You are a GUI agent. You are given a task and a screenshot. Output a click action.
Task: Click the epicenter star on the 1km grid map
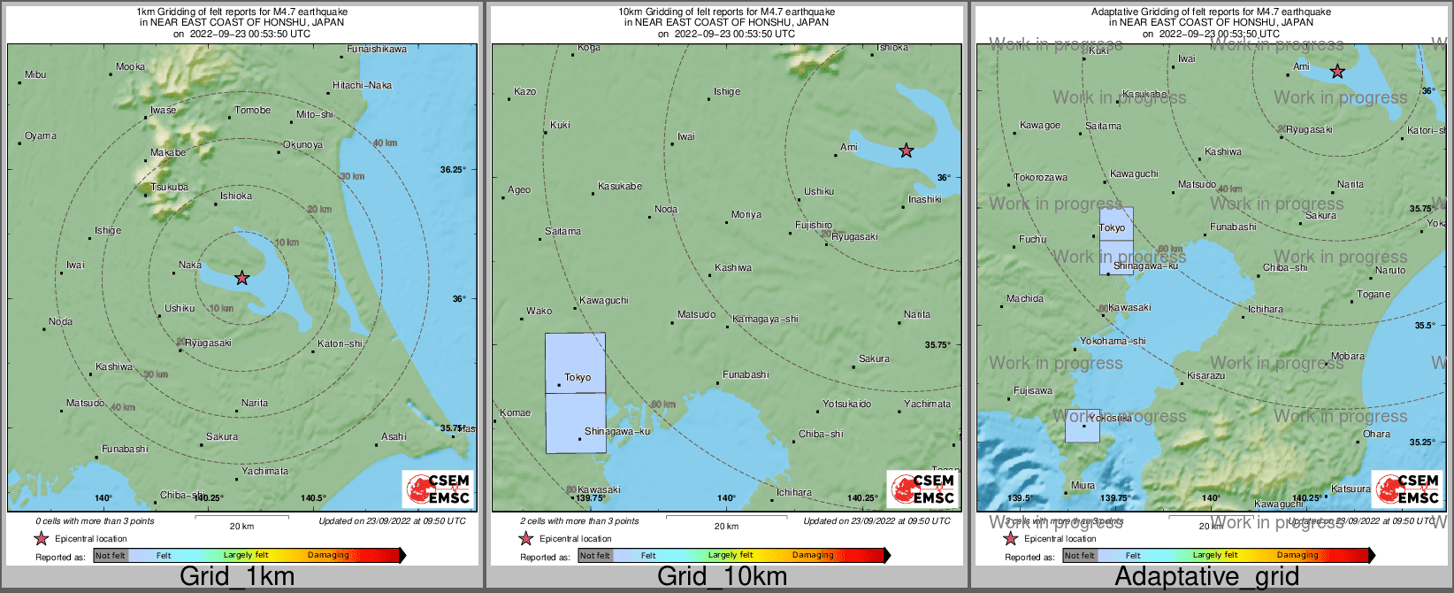pos(242,278)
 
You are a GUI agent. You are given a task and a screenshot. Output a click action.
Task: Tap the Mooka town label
pos(131,67)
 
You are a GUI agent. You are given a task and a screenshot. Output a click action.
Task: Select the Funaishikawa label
pos(377,50)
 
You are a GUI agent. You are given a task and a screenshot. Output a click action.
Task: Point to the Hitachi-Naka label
pos(362,86)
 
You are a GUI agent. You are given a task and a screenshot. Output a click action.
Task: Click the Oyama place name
pos(41,136)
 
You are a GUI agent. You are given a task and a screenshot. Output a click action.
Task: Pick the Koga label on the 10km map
pos(588,48)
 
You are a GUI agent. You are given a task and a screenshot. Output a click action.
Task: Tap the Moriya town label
pos(746,215)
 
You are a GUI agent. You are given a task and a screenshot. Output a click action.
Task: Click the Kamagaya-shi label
pos(765,320)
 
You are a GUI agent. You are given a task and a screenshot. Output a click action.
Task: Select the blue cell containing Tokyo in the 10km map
pos(575,362)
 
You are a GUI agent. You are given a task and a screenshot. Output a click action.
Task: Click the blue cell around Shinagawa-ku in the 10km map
pos(575,423)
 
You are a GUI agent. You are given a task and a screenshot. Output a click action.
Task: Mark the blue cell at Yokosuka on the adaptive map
pos(1082,426)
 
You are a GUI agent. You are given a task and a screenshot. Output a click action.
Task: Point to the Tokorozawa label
pos(1040,178)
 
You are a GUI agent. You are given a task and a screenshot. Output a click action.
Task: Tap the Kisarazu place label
pos(1205,376)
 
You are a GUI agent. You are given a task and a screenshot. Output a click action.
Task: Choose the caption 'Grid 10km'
pos(722,577)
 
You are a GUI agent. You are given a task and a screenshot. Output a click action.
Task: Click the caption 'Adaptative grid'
pos(1206,577)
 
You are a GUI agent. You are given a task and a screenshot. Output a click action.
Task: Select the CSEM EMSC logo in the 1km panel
pos(438,489)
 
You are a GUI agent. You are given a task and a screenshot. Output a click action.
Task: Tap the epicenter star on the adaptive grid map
pos(1337,71)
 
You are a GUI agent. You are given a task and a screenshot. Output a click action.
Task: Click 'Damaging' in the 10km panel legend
pos(813,556)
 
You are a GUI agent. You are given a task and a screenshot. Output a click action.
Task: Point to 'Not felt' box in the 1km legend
pos(111,556)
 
